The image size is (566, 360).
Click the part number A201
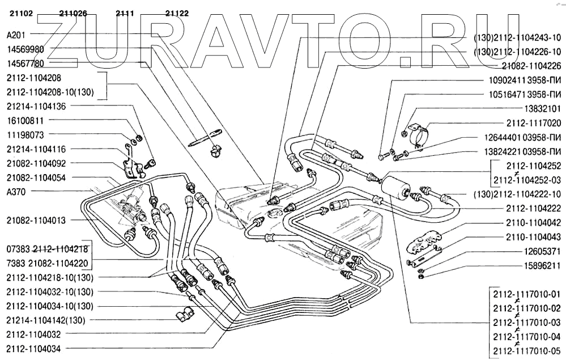[x=15, y=35]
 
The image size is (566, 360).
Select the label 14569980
[x=25, y=49]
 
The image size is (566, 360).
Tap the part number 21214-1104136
[x=36, y=105]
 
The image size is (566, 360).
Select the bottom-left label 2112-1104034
[x=33, y=349]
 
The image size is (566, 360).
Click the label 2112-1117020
[x=533, y=122]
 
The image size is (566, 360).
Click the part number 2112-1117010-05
[x=526, y=350]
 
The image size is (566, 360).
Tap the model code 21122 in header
[x=177, y=13]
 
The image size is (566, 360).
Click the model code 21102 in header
[x=22, y=13]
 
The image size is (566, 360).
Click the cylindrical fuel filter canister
[x=392, y=185]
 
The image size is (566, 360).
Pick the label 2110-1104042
[x=533, y=223]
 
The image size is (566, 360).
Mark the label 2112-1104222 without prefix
[x=533, y=208]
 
